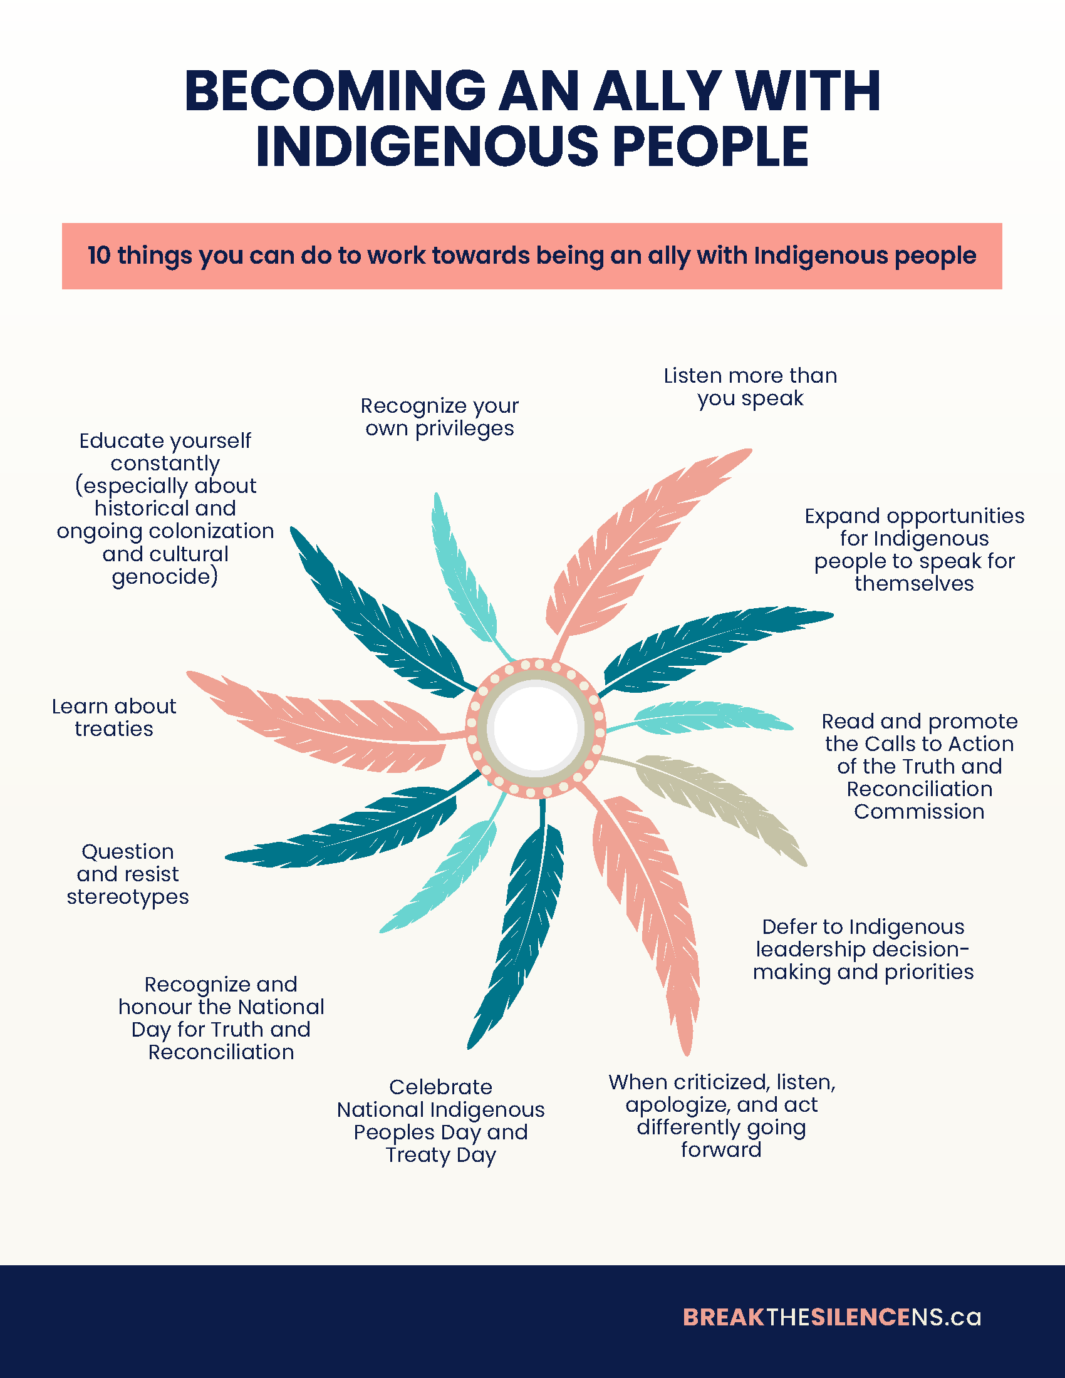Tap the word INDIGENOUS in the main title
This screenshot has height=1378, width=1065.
(427, 147)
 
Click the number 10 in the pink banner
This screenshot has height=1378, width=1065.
(99, 256)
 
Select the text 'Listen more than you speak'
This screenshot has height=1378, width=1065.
(750, 386)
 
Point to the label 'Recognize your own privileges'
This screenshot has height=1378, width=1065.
(440, 417)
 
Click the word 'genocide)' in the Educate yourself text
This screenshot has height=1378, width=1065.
(165, 577)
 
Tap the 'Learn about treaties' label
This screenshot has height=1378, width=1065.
(114, 717)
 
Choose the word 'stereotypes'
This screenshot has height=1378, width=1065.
(128, 896)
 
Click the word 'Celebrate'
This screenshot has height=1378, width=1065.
(440, 1087)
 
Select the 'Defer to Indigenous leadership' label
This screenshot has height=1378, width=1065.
(863, 949)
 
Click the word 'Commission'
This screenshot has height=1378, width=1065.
(919, 811)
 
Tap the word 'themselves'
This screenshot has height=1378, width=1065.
(914, 584)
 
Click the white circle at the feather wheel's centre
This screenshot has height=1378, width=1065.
(536, 728)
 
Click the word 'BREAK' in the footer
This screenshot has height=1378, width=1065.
(724, 1317)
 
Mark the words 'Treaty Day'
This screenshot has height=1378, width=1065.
(440, 1155)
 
